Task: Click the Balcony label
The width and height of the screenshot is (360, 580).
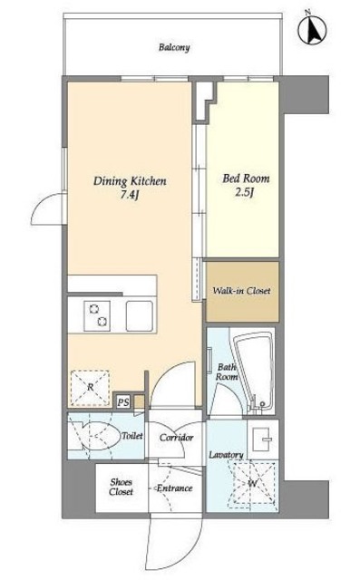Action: click(174, 48)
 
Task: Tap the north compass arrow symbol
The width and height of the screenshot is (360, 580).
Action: click(312, 30)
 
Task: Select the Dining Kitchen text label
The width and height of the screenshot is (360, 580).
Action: click(130, 181)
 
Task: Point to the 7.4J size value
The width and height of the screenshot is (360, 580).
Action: click(129, 196)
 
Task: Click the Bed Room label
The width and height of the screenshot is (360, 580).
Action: click(246, 179)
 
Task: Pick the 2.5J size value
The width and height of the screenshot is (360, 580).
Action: click(245, 193)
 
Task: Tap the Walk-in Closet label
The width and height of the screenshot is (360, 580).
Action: click(241, 291)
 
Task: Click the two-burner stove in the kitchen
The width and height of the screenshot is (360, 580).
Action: click(97, 315)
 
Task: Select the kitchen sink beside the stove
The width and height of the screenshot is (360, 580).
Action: click(140, 316)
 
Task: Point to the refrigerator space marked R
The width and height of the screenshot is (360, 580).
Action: click(90, 388)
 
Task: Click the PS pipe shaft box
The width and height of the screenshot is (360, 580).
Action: click(122, 402)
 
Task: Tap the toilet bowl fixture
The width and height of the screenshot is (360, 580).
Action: click(99, 436)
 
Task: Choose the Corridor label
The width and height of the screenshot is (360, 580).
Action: click(177, 438)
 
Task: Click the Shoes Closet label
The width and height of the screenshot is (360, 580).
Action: click(121, 488)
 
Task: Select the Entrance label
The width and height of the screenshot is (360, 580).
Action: click(174, 488)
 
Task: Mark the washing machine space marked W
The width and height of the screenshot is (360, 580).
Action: click(253, 483)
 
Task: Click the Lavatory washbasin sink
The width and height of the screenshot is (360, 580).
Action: click(263, 439)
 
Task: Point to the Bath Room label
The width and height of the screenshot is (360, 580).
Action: click(227, 372)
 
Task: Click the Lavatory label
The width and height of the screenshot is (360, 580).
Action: click(226, 455)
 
